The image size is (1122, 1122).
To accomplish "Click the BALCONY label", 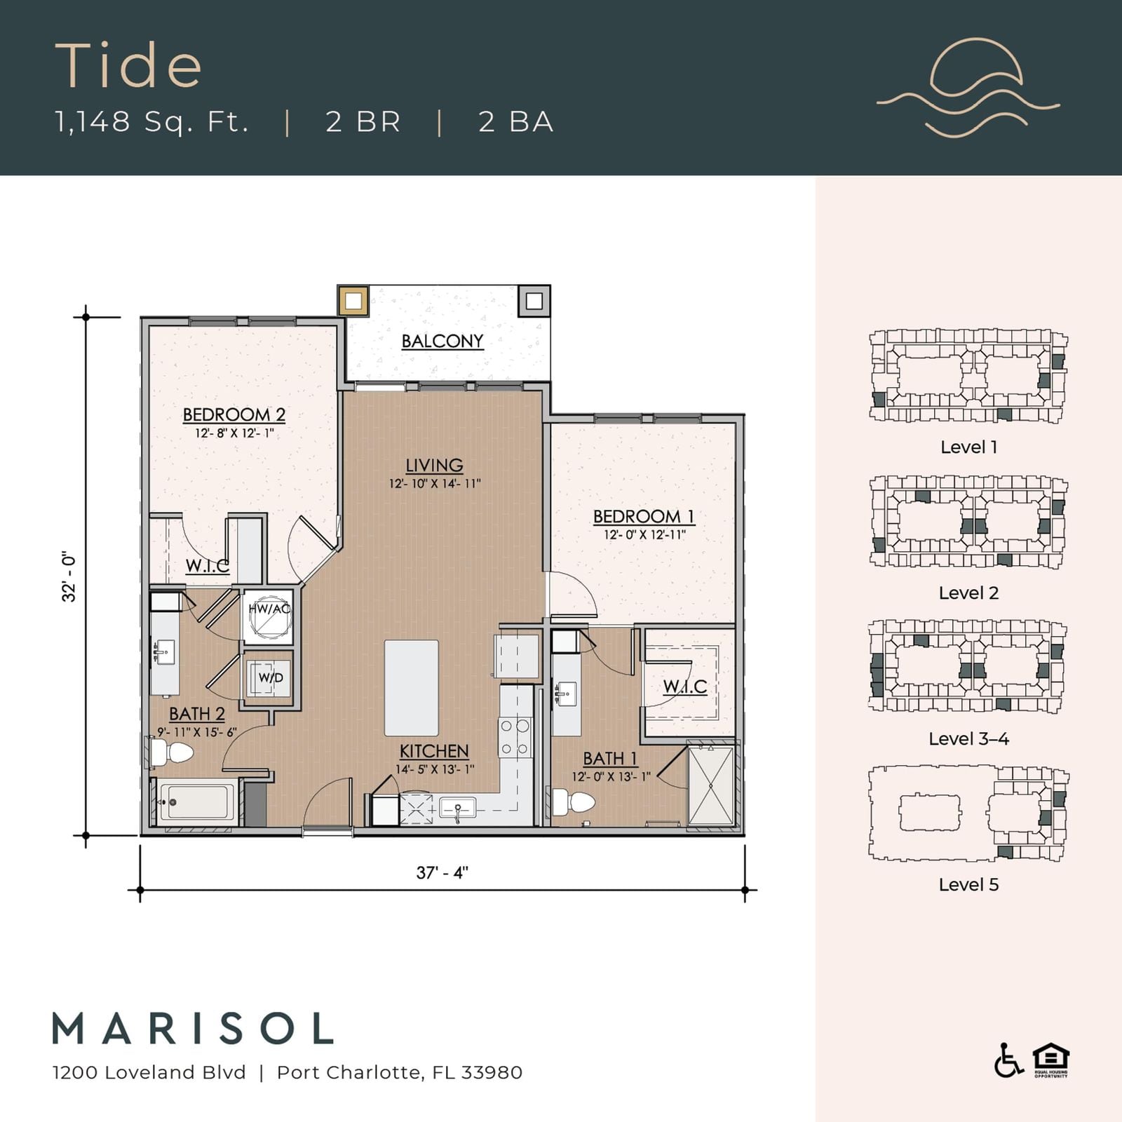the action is coord(442,342).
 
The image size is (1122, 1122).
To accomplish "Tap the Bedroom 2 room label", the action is coord(234,414).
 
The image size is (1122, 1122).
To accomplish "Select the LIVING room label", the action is coord(435,465).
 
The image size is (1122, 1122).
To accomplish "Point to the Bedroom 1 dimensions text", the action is coord(644,534).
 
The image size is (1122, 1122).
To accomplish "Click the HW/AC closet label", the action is coord(269,609).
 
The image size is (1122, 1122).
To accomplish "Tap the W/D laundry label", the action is coord(271,677).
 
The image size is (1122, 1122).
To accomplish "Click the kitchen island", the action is coord(412,687).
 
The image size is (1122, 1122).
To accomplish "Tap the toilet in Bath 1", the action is coord(573,802).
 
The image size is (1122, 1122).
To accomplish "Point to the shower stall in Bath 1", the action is coord(711,786).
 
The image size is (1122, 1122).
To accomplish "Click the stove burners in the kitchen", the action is coord(515,738).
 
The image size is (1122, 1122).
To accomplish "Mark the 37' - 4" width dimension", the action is coord(442,872).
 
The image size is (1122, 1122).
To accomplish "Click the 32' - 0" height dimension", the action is coord(69,576).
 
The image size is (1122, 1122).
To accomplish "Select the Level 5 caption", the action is coord(968,884).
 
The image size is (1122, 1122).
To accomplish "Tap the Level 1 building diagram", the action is coord(968,377).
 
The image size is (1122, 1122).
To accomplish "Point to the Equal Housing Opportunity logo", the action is coord(1050,1060).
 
